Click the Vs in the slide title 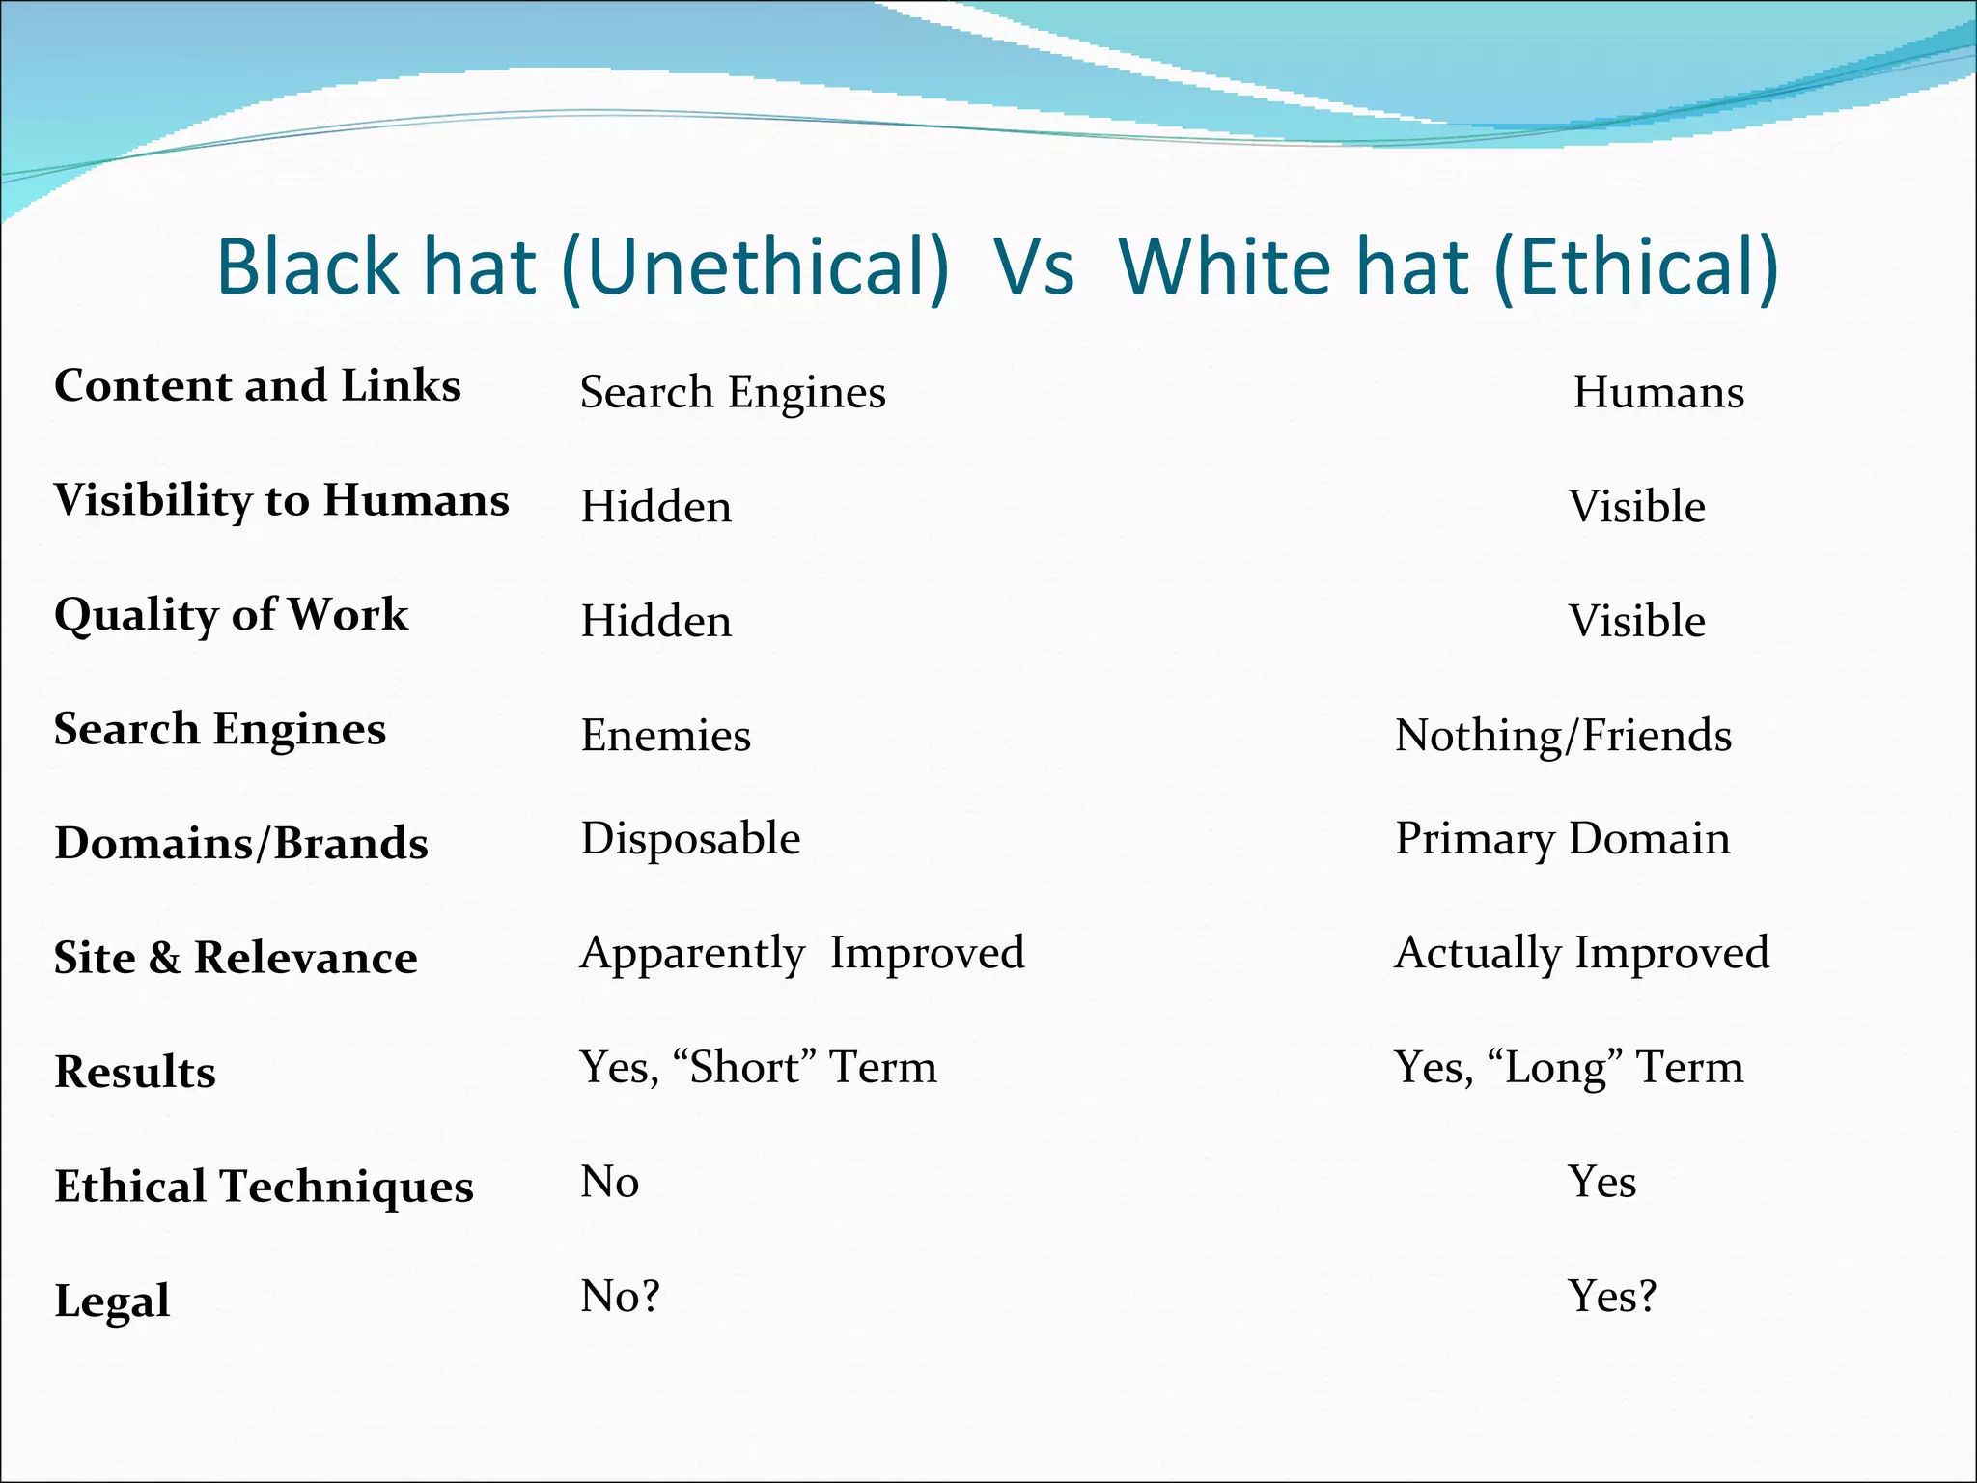(1034, 266)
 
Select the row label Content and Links (258, 385)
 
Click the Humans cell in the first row (1658, 392)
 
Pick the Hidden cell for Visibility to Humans (655, 507)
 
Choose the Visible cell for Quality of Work (1636, 621)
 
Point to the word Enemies (665, 736)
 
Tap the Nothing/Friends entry (1563, 736)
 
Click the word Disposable (690, 838)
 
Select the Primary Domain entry (1562, 838)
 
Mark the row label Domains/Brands (241, 843)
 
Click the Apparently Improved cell (802, 953)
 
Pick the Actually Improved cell (1581, 953)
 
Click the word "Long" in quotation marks (1555, 1067)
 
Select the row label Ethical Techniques (264, 1186)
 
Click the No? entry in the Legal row (620, 1296)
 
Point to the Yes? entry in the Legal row (1611, 1296)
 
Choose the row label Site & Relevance (236, 958)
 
